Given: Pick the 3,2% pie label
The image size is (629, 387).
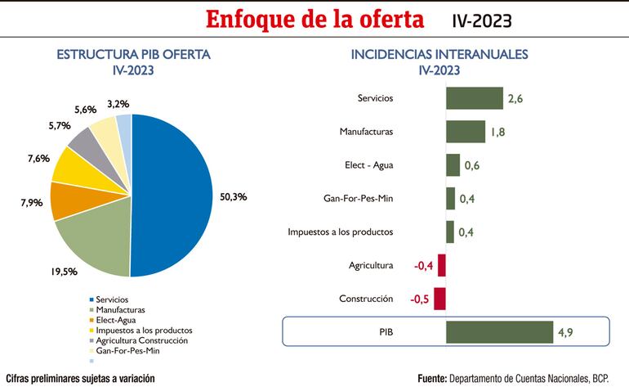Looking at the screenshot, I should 118,104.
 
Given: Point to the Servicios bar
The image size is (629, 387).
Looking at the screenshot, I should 474,98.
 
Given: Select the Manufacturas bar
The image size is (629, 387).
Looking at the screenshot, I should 465,131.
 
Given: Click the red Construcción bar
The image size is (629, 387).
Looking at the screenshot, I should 439,299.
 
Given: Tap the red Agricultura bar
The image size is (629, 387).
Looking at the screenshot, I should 441,265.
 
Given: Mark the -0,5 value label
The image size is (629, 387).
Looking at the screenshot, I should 420,299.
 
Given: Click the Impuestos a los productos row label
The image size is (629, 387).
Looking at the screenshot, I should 341,232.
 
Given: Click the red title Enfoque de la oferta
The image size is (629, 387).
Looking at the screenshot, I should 314,19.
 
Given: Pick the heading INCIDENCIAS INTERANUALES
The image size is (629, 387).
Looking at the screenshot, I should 439,55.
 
